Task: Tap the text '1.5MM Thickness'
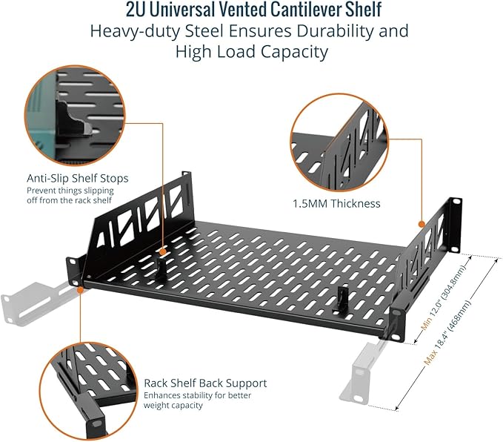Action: pyautogui.click(x=336, y=204)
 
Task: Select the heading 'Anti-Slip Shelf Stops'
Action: pyautogui.click(x=78, y=178)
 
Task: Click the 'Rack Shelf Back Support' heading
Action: pyautogui.click(x=205, y=383)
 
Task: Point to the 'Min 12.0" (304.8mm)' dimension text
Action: pyautogui.click(x=444, y=297)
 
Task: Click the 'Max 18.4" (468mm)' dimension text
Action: pyautogui.click(x=448, y=332)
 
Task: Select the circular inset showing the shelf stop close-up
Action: pyautogui.click(x=74, y=116)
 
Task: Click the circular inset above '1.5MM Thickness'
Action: pyautogui.click(x=339, y=143)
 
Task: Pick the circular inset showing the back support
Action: pyautogui.click(x=89, y=391)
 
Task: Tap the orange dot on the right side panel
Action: pyautogui.click(x=422, y=224)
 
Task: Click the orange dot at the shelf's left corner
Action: pyautogui.click(x=80, y=289)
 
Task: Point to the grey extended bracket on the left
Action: pyautogui.click(x=36, y=303)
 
